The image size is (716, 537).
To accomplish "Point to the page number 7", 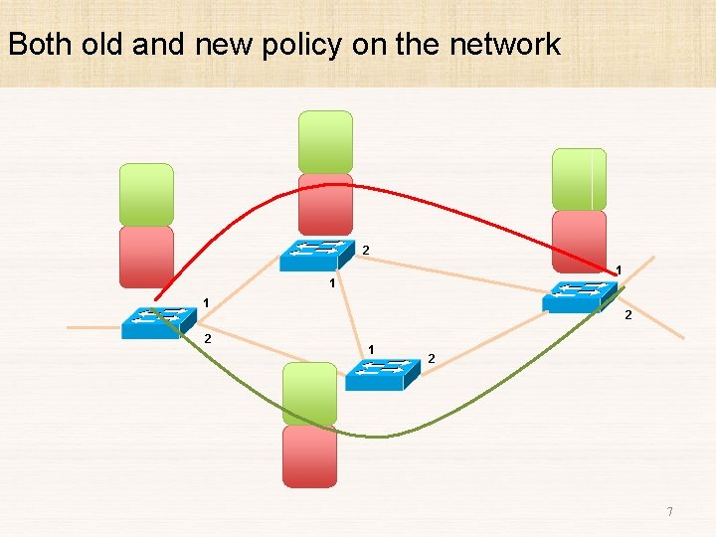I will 669,512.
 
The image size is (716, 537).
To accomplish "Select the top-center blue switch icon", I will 317,255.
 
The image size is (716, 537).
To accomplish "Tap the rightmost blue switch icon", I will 580,296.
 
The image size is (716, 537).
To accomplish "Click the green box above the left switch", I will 146,194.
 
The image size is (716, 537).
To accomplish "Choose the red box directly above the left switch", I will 146,257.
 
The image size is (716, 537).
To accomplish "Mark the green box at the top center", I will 326,141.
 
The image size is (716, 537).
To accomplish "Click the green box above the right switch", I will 579,179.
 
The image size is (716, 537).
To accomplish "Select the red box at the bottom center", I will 309,456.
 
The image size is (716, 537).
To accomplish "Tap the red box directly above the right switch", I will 579,240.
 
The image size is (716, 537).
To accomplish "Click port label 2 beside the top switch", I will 366,249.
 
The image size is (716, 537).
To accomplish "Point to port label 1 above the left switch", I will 206,302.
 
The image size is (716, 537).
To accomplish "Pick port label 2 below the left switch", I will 207,339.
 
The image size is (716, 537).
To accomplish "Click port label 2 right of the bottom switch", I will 431,358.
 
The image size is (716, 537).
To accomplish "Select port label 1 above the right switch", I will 619,269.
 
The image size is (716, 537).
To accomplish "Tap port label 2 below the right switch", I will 627,316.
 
